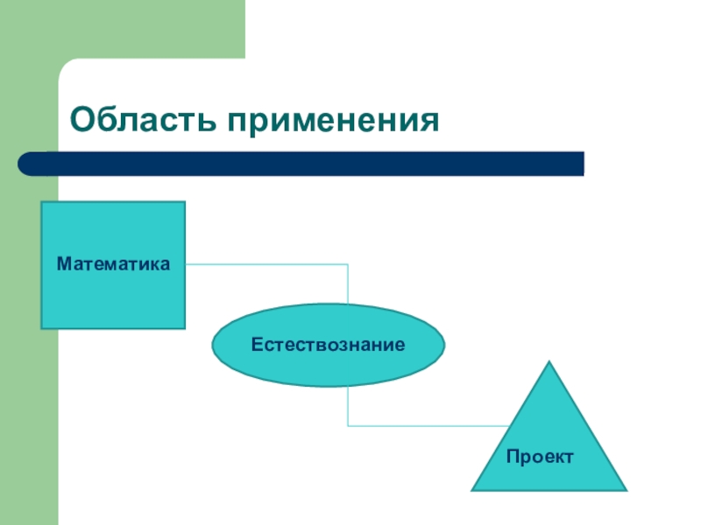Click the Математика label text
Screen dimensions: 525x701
coord(113,262)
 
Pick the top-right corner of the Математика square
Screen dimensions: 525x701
coord(184,203)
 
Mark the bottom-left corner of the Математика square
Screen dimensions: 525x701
coord(42,327)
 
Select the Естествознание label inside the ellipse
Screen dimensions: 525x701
coord(328,346)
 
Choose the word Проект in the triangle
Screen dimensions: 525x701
coord(540,457)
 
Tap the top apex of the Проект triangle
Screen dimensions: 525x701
coord(549,362)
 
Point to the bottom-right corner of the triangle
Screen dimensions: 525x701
coord(626,489)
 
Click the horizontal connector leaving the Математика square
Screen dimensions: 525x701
coord(263,264)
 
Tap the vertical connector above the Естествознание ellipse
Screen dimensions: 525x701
coord(348,284)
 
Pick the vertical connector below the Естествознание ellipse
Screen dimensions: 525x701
coord(348,407)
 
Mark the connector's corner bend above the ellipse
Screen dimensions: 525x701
coord(348,264)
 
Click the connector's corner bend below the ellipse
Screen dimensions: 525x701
coord(348,426)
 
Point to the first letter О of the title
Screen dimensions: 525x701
coord(84,120)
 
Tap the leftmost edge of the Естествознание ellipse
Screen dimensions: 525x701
coord(213,346)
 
